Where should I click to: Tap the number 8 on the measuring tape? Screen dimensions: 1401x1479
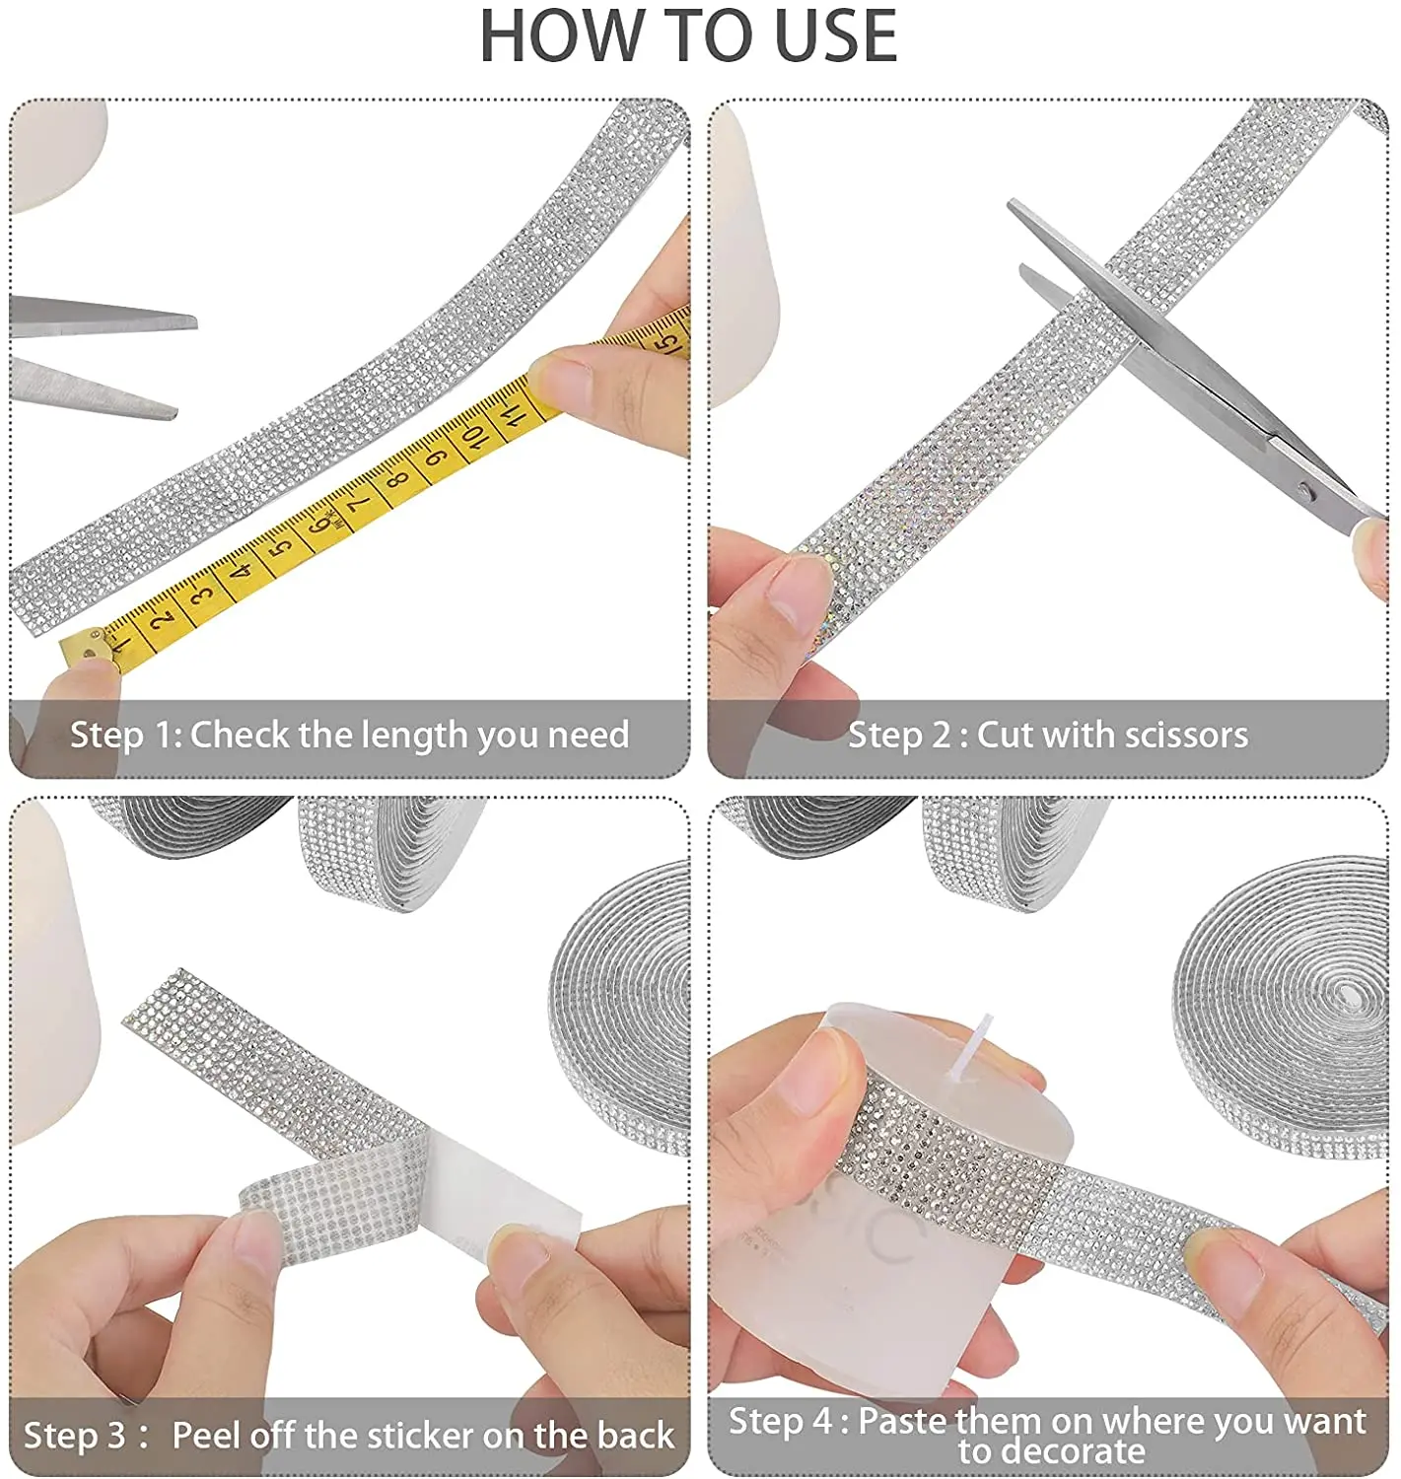click(398, 477)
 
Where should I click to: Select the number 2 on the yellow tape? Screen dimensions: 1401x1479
click(161, 620)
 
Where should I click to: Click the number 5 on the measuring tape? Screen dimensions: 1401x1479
click(279, 547)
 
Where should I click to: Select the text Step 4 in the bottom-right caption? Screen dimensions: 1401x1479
click(780, 1420)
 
